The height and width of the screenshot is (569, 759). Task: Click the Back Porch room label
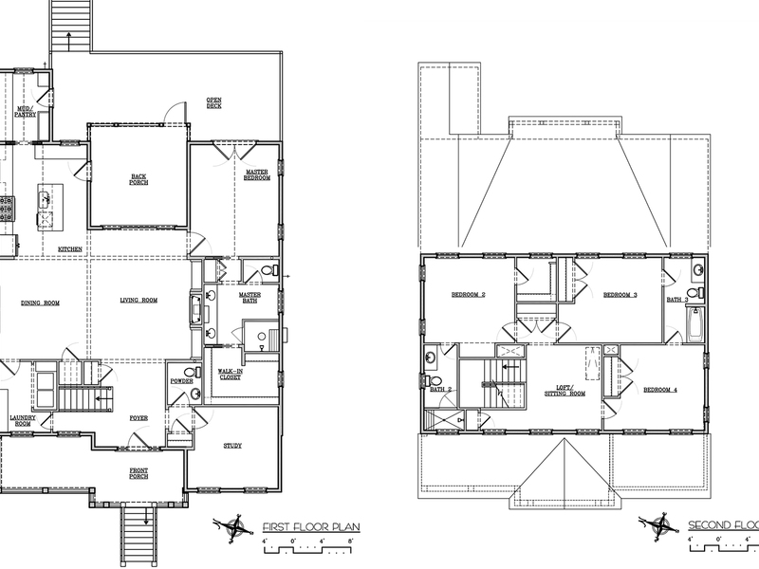click(x=139, y=179)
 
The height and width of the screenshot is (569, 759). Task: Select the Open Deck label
click(x=215, y=102)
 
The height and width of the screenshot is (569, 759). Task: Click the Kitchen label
click(x=70, y=249)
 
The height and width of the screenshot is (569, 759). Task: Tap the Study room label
click(x=232, y=445)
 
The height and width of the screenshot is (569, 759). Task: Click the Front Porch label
click(x=139, y=472)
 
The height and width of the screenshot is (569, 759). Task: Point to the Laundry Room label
click(x=21, y=420)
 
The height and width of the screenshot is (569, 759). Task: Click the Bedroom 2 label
click(x=468, y=295)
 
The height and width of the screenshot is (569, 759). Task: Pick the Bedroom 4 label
click(x=659, y=391)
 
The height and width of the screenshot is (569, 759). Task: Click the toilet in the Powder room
click(x=194, y=393)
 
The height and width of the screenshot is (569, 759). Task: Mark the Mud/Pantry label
click(x=26, y=113)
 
